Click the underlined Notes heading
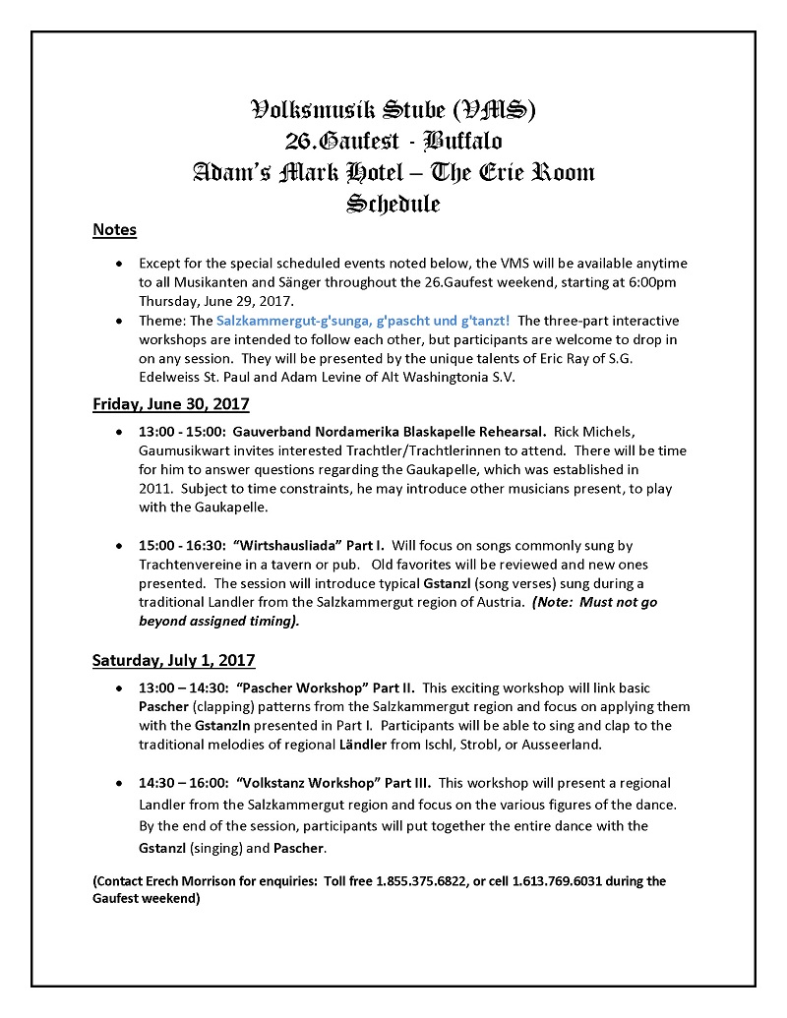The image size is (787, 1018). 114,230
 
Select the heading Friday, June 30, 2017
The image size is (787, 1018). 171,403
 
